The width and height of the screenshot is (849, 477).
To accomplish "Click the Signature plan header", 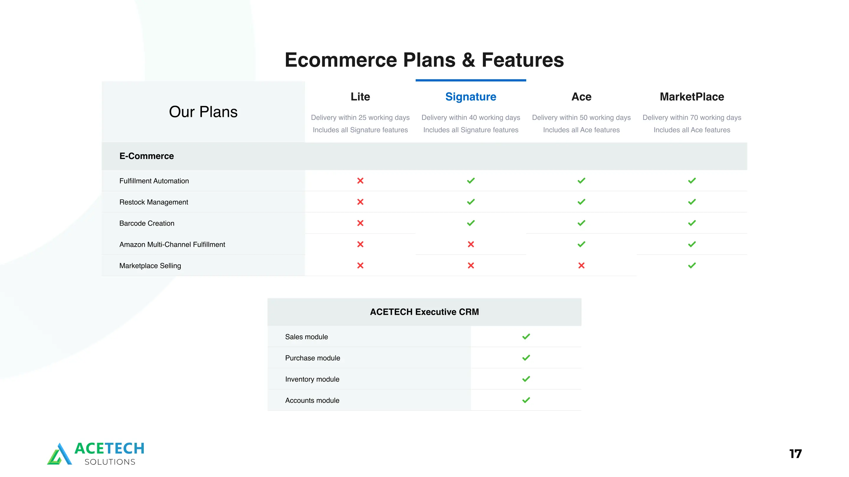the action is coord(471,97).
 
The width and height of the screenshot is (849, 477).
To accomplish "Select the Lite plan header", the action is coord(360,97).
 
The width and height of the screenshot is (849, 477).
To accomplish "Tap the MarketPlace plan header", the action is coord(692,97).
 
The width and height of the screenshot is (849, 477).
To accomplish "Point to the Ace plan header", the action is coord(581,97).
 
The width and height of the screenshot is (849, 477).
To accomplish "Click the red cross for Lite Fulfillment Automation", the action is coord(360,180).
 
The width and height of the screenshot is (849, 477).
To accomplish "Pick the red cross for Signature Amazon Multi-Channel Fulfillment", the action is coord(471,244).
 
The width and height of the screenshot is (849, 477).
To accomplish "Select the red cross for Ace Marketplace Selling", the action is coord(581,265).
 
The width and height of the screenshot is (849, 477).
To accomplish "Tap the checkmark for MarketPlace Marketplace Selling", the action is coord(692,265).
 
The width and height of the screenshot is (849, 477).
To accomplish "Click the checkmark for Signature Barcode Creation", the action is coord(471,223).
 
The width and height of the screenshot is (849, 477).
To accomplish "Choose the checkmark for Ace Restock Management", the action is coord(581,202).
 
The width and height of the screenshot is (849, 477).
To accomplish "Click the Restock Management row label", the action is coord(154,202).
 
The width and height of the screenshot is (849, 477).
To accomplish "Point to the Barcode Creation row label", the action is coord(147,223).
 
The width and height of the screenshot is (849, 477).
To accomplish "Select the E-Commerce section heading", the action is coord(146,156).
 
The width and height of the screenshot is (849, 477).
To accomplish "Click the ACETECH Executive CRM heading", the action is coord(424,312).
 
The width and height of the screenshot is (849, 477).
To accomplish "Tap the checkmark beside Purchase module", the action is coord(526,358).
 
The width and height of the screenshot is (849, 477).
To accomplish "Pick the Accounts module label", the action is coord(312,400).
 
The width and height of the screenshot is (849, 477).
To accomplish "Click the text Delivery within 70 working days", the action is coord(692,117).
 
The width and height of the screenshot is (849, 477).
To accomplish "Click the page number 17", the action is coord(795,454).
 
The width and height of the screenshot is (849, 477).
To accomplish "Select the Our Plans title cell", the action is coord(203,112).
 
